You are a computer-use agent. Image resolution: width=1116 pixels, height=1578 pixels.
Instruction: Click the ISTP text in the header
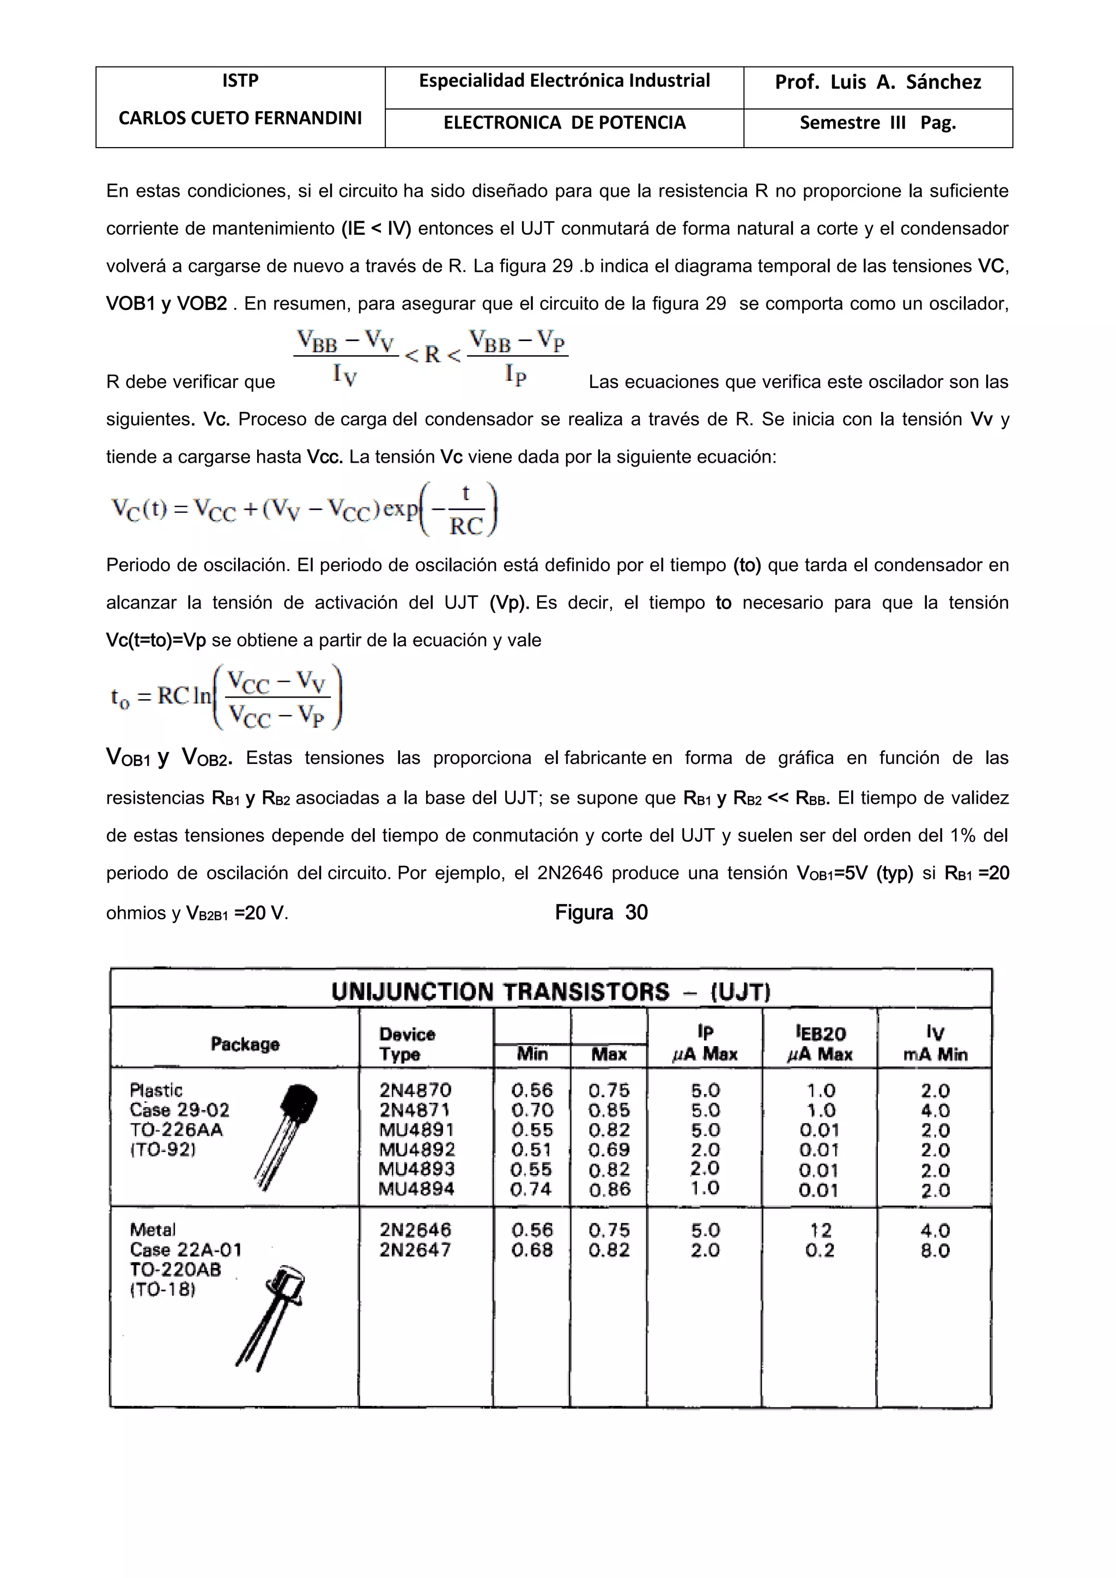(x=240, y=81)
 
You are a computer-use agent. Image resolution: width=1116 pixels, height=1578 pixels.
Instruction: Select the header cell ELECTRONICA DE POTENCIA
(x=564, y=123)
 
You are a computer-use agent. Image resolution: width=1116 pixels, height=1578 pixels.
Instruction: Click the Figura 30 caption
(x=601, y=912)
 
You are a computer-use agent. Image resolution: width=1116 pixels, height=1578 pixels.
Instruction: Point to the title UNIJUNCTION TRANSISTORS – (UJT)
(x=550, y=992)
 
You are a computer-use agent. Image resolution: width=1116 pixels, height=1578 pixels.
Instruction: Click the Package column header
(x=245, y=1044)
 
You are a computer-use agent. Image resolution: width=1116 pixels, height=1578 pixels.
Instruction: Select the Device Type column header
(x=407, y=1044)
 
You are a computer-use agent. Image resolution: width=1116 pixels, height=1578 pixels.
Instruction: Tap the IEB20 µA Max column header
(x=820, y=1043)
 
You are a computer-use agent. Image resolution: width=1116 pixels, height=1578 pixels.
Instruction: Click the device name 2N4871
(x=415, y=1110)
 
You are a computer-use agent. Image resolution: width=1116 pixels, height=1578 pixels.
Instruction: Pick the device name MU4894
(x=416, y=1189)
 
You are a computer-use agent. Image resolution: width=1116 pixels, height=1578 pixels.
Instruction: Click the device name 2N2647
(x=415, y=1249)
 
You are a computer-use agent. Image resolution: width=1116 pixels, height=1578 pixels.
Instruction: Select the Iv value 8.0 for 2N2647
(x=935, y=1250)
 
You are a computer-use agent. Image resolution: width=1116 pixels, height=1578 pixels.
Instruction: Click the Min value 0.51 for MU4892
(x=531, y=1149)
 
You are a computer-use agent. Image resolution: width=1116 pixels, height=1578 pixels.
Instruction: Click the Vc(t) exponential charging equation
(x=304, y=509)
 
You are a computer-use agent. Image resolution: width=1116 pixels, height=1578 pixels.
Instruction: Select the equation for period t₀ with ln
(x=227, y=697)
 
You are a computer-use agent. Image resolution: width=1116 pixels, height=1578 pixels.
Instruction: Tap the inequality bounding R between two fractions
(x=431, y=356)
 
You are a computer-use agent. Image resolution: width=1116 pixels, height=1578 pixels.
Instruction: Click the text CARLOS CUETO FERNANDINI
(x=240, y=119)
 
